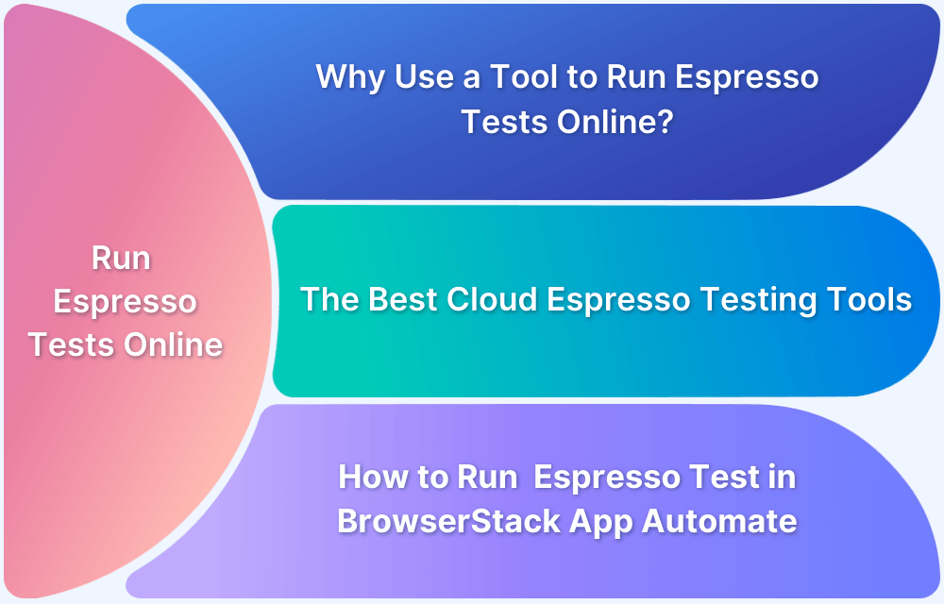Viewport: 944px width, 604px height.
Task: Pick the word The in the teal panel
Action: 329,300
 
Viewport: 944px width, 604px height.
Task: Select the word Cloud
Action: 494,300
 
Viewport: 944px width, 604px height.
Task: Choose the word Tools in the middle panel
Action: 871,300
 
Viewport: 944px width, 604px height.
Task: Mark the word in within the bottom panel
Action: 781,477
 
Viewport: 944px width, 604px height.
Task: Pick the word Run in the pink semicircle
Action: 122,258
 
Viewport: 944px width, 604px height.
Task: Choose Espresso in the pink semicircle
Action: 125,302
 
